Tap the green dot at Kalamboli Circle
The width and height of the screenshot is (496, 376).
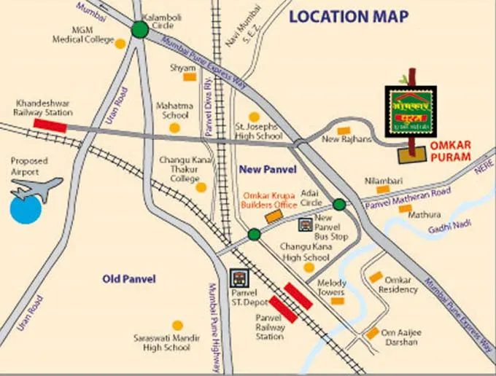click(x=139, y=29)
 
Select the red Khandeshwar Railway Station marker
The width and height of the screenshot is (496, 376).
click(x=50, y=125)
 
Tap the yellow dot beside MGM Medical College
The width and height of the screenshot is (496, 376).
click(x=120, y=43)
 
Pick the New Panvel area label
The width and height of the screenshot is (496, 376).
click(x=268, y=170)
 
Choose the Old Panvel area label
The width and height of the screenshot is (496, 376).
click(x=129, y=278)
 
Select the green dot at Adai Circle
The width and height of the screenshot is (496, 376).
click(x=339, y=204)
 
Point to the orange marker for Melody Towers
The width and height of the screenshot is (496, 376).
click(x=336, y=301)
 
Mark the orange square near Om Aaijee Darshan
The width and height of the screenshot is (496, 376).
click(x=373, y=333)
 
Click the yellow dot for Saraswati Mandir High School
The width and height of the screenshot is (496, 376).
click(x=177, y=326)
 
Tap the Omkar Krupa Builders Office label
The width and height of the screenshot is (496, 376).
click(x=270, y=200)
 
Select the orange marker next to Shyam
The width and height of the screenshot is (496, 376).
click(x=189, y=77)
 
